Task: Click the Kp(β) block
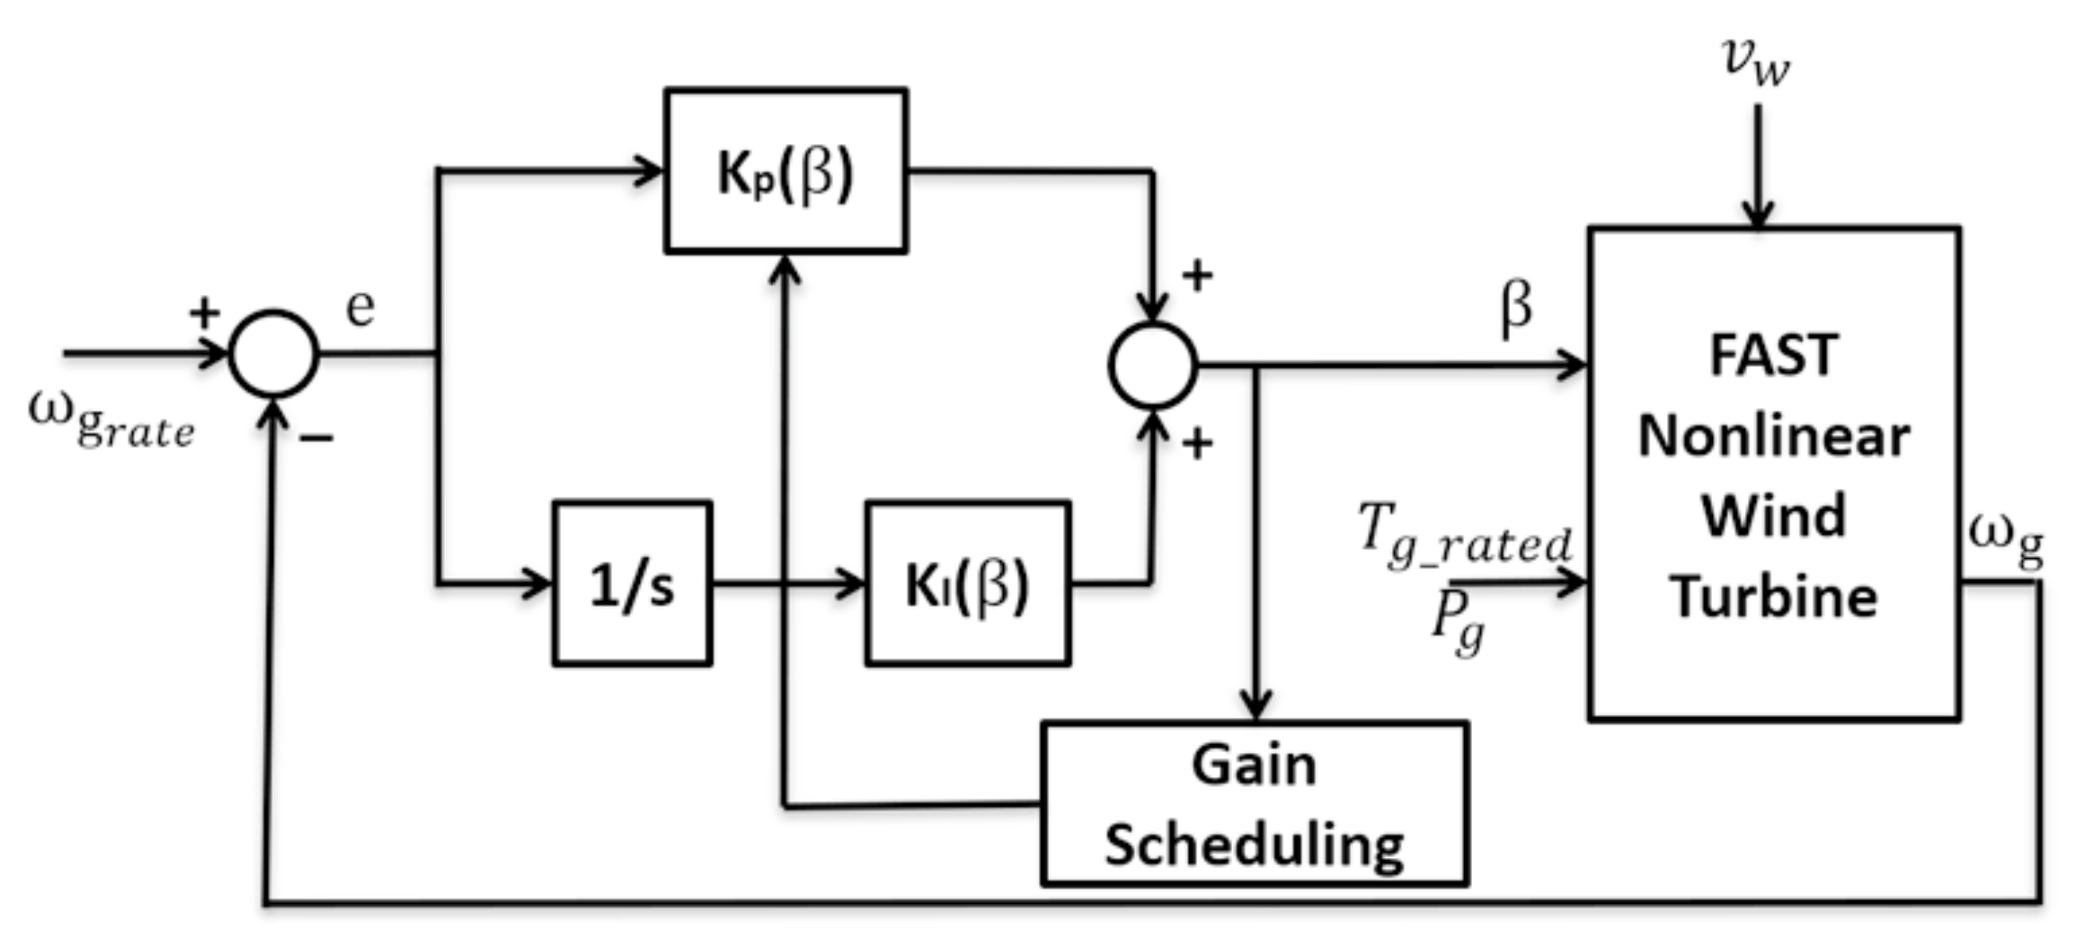785,171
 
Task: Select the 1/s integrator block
632,584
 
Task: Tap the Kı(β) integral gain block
968,584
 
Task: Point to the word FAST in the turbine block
1773,355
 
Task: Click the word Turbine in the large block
1773,597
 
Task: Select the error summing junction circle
274,354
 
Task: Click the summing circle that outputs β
1153,365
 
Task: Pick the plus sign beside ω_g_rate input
204,311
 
